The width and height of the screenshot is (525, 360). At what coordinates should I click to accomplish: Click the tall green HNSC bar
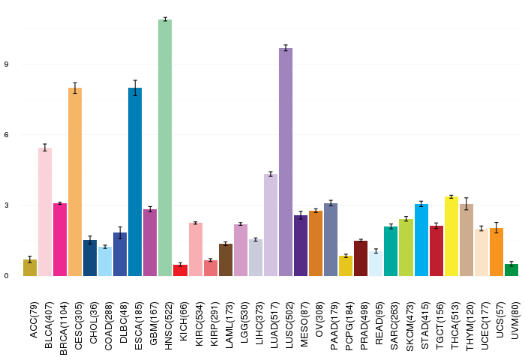(x=165, y=148)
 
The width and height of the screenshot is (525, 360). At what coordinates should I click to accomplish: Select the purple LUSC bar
(x=286, y=162)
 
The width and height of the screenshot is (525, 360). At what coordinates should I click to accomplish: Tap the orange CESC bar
(x=75, y=181)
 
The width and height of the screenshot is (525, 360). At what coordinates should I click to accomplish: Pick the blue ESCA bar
(x=135, y=181)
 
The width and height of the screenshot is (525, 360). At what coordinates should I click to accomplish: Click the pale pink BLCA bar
(x=45, y=211)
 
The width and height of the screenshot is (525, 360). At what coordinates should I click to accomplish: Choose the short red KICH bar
(x=180, y=270)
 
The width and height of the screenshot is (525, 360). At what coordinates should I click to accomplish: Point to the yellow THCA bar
(x=451, y=236)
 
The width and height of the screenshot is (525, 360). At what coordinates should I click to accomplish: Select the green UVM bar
(x=511, y=270)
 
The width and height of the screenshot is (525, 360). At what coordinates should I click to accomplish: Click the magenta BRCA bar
(x=60, y=240)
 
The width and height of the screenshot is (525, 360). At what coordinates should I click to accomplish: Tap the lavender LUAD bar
(x=271, y=225)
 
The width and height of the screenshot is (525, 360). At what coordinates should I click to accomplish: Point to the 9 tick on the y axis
(x=6, y=64)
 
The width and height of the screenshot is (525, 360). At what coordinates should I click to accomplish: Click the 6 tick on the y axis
(x=6, y=134)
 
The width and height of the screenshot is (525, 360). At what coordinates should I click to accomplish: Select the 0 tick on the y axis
(x=6, y=276)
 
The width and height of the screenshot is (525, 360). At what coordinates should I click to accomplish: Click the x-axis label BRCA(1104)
(x=63, y=328)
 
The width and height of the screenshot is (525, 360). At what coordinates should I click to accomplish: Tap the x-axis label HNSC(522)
(x=169, y=325)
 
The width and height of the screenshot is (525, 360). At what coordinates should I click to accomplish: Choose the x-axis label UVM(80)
(x=515, y=320)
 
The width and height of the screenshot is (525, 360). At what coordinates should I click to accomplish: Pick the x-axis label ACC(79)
(x=34, y=320)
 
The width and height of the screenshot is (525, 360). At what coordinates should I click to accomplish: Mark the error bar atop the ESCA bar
(x=135, y=88)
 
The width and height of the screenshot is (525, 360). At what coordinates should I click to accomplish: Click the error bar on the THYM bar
(x=466, y=204)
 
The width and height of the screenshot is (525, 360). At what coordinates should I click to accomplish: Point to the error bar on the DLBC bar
(x=120, y=232)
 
